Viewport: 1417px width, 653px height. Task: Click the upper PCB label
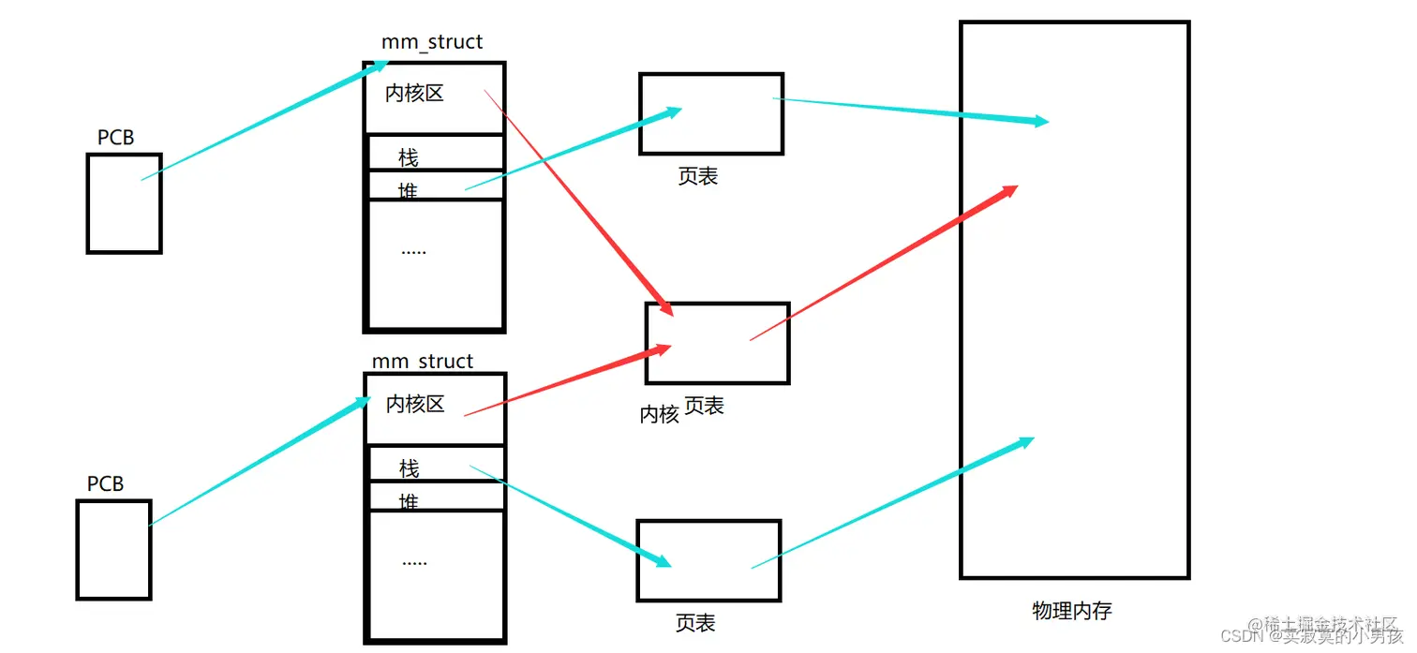(115, 138)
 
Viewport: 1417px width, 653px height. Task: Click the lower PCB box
(113, 550)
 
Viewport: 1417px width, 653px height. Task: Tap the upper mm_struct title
(432, 42)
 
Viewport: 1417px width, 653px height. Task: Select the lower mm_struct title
(423, 362)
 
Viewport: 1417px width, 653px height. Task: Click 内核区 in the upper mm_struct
(414, 94)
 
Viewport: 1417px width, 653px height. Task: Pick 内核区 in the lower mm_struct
(415, 405)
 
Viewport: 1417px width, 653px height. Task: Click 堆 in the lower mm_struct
(409, 502)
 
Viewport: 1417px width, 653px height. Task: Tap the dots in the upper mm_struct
(413, 251)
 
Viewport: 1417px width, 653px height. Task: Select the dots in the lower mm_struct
(414, 561)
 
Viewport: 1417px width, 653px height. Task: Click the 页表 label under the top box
(697, 176)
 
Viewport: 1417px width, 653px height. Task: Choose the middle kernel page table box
(717, 343)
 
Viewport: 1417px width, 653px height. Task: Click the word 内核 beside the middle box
(659, 414)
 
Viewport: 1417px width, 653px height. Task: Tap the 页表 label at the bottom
(695, 623)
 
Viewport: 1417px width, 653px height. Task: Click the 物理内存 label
(1072, 611)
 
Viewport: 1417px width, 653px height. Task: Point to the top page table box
(711, 113)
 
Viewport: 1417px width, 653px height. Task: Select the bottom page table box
(708, 560)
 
